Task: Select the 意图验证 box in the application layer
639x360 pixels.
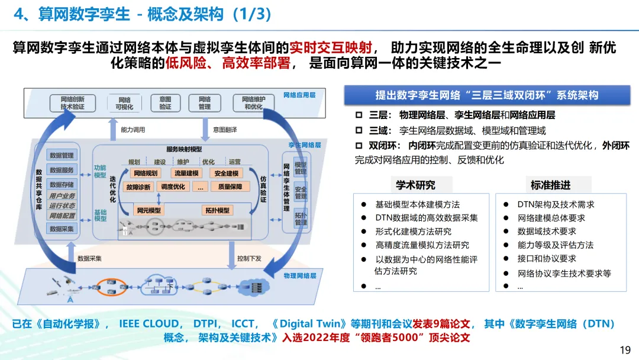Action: [x=165, y=103]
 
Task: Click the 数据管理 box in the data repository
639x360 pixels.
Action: [x=62, y=155]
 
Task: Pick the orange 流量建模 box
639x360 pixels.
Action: [x=186, y=173]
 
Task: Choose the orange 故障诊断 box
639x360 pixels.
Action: [x=138, y=187]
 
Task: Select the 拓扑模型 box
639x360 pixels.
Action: [x=217, y=210]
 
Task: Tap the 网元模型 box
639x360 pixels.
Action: [x=149, y=210]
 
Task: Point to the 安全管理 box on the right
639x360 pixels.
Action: [x=301, y=193]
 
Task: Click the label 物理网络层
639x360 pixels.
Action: [x=301, y=276]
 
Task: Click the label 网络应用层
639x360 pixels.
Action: [x=299, y=95]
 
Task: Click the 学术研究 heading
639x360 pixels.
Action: [x=415, y=185]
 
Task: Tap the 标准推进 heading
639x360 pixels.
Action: [x=551, y=185]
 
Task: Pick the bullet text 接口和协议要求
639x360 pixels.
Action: [x=546, y=259]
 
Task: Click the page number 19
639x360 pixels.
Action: [x=625, y=350]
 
